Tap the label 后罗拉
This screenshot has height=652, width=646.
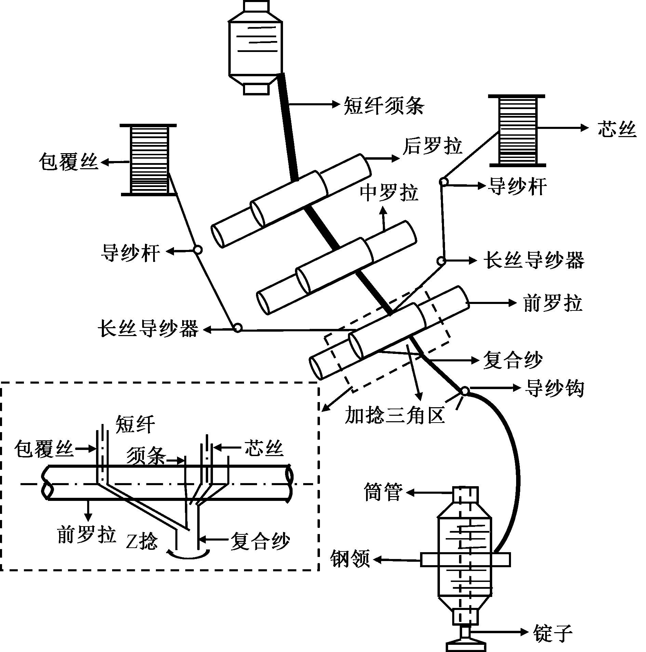click(432, 146)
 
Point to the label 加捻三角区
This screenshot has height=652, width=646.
click(395, 415)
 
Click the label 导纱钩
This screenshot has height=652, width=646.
click(554, 388)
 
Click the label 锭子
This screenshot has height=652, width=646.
click(552, 632)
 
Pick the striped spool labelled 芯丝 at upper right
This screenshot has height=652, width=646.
click(517, 130)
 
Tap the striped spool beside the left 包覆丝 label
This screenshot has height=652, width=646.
click(149, 160)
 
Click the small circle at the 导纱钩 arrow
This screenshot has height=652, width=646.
click(465, 391)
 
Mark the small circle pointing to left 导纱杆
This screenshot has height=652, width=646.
click(198, 250)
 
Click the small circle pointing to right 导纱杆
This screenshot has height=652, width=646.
click(444, 182)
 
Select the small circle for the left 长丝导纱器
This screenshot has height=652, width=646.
click(237, 328)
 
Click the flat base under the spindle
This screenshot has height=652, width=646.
click(466, 647)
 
